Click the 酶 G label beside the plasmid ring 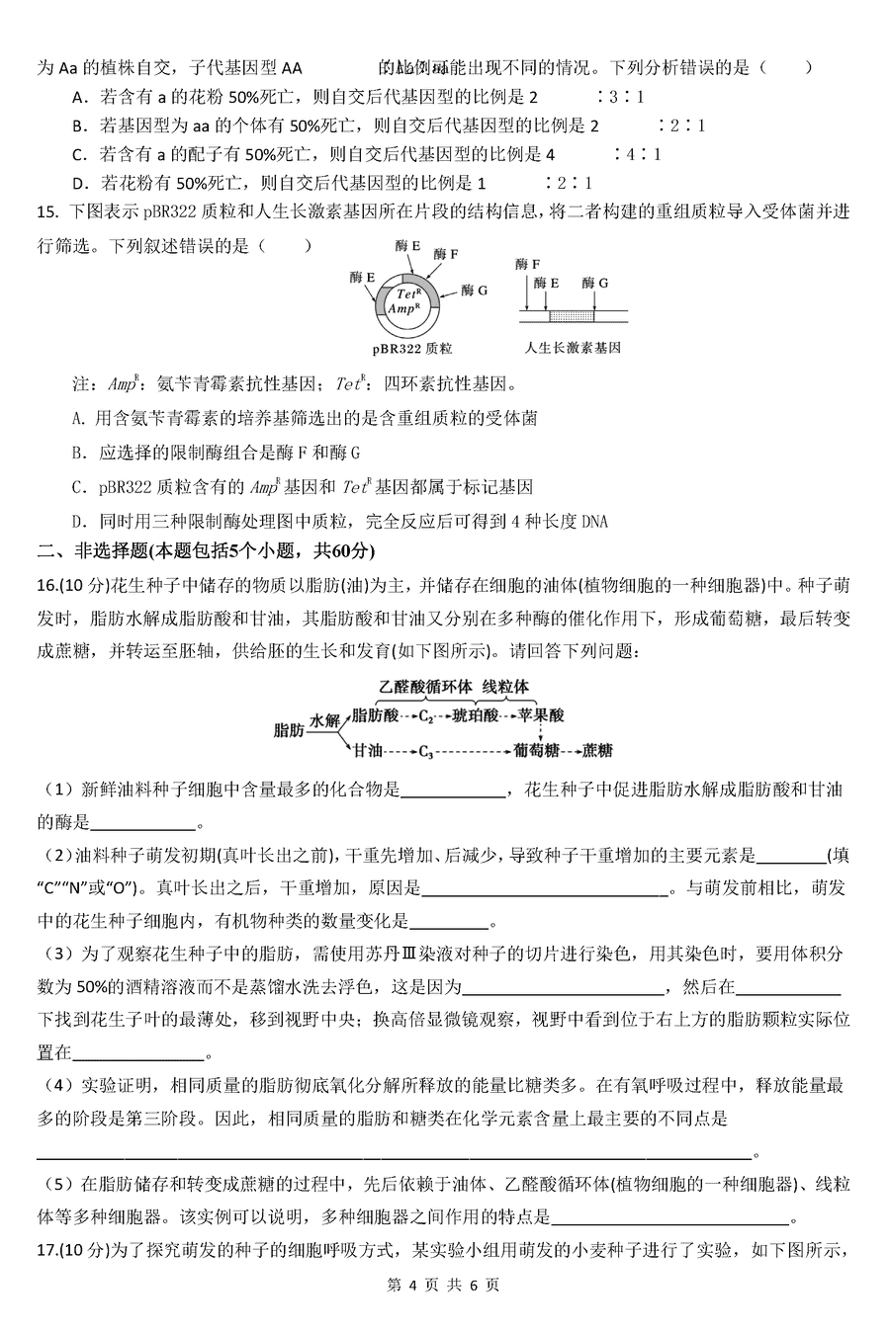coord(475,291)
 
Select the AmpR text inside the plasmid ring coord(406,309)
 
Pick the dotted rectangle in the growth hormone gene coord(571,315)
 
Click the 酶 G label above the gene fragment coord(595,284)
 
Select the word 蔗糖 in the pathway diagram coord(597,751)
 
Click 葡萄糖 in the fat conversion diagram coord(537,751)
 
